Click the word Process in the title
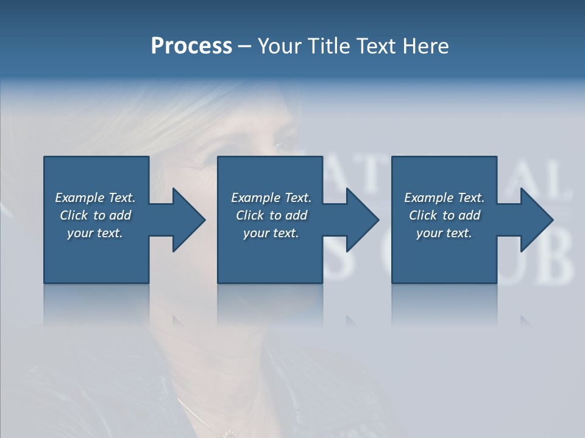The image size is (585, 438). [191, 46]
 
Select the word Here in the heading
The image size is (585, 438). [425, 46]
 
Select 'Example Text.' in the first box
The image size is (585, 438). [95, 198]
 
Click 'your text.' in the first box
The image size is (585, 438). [95, 233]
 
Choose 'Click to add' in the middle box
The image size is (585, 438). [271, 215]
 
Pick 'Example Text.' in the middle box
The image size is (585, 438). [271, 198]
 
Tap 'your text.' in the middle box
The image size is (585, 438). [271, 233]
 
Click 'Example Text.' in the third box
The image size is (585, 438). [444, 198]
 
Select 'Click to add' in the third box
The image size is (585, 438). [444, 215]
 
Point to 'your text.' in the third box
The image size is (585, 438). [444, 233]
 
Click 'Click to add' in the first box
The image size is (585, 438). [95, 215]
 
